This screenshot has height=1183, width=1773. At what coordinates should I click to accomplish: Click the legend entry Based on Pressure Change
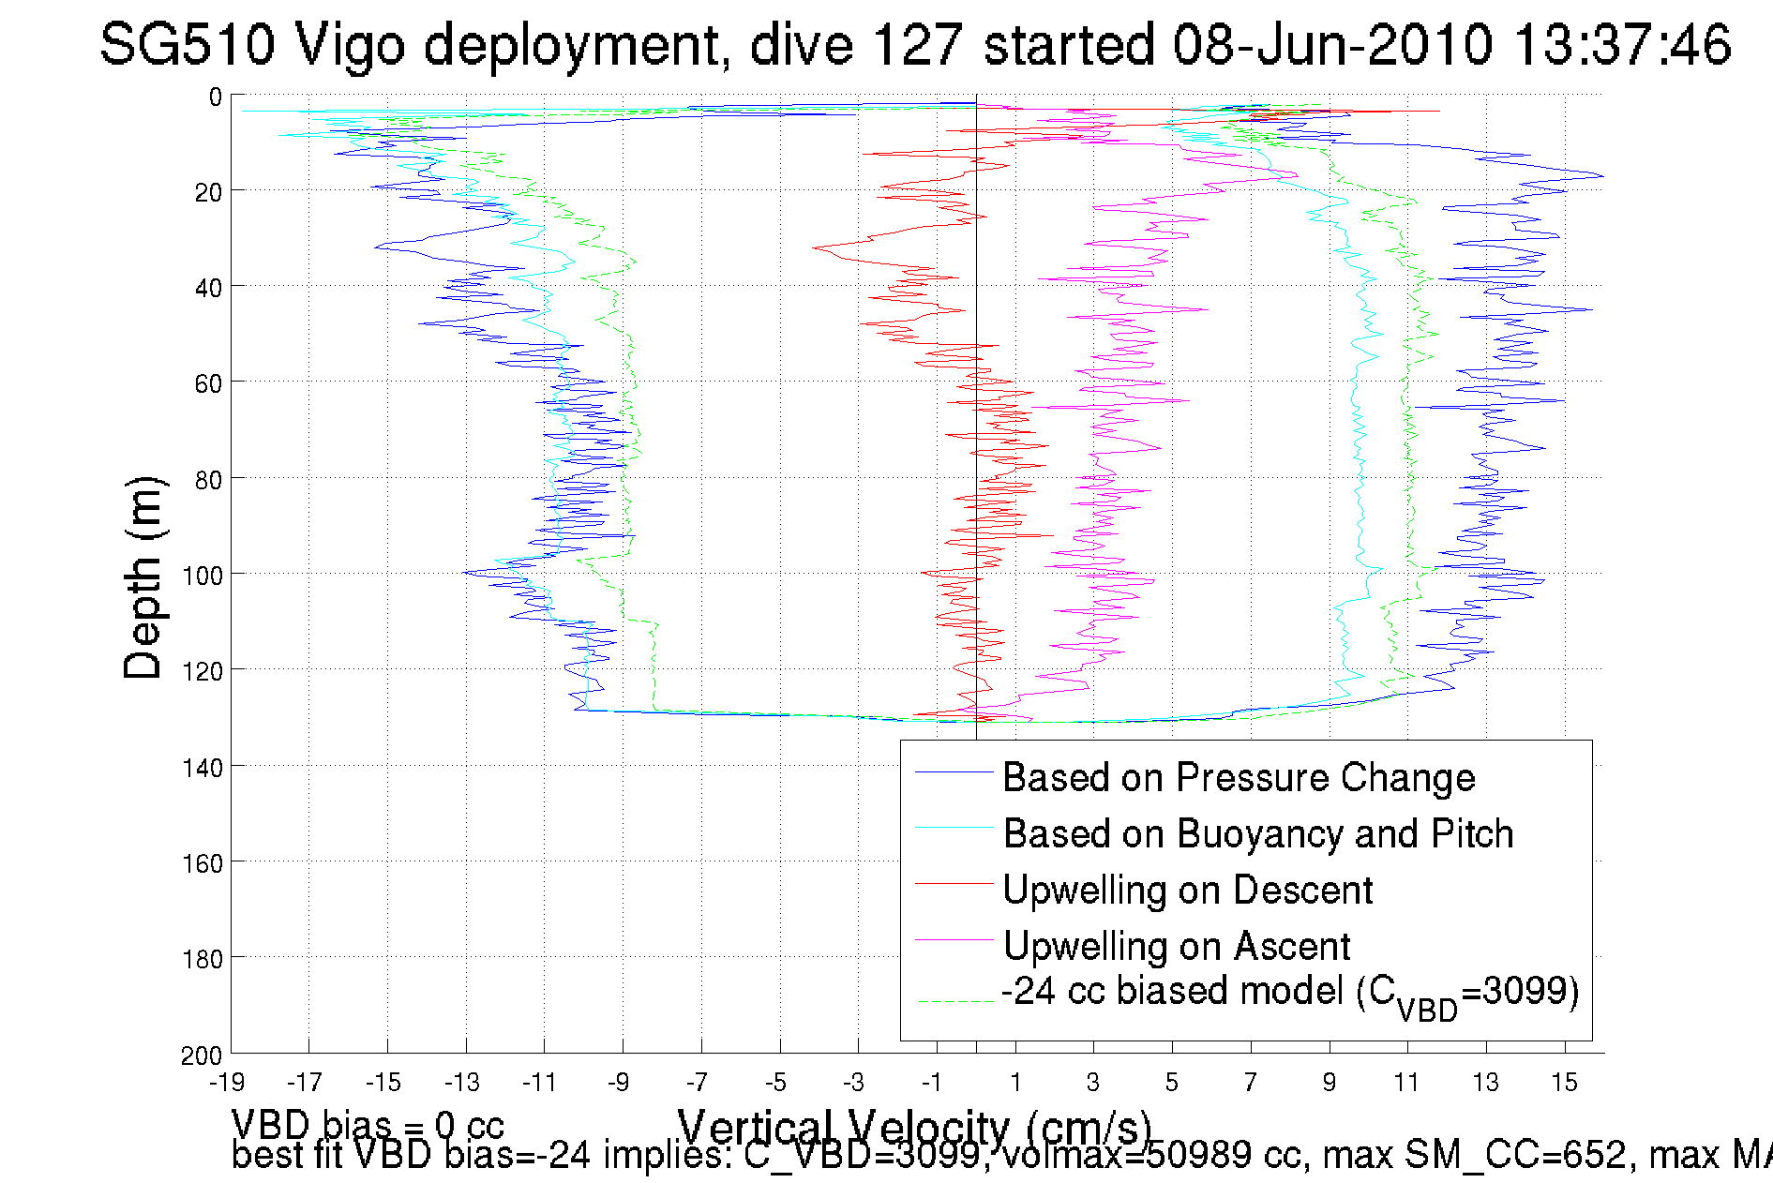click(1239, 777)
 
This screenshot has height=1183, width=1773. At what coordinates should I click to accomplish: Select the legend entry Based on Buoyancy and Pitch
click(1258, 833)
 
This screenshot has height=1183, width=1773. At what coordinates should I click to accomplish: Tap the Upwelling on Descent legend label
click(1187, 890)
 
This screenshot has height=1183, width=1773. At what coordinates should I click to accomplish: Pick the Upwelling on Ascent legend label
click(1176, 946)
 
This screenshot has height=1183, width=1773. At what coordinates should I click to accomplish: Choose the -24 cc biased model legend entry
click(1290, 993)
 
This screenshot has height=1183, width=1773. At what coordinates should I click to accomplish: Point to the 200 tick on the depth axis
click(202, 1056)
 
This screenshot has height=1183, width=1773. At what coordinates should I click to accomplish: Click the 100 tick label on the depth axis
click(202, 576)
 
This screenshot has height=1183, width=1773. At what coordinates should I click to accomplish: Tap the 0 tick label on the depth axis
click(216, 97)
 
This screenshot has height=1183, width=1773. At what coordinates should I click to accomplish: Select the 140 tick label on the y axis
click(202, 768)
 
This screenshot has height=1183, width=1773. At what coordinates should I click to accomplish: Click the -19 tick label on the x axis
click(227, 1083)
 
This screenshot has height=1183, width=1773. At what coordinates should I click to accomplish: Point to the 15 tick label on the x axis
click(1564, 1083)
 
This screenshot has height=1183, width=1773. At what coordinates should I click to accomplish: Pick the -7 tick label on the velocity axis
click(697, 1083)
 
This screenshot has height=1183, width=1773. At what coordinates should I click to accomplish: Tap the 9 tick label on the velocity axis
click(1330, 1083)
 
